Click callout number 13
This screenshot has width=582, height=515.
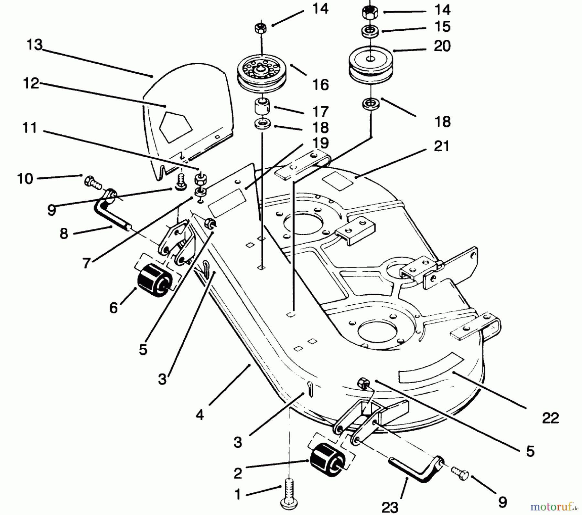click(34, 45)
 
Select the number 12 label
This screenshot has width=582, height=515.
click(31, 84)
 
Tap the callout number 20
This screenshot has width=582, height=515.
click(442, 46)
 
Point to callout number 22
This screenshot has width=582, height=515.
click(550, 418)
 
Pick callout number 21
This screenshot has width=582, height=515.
click(441, 146)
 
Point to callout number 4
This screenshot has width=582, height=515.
click(199, 415)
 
